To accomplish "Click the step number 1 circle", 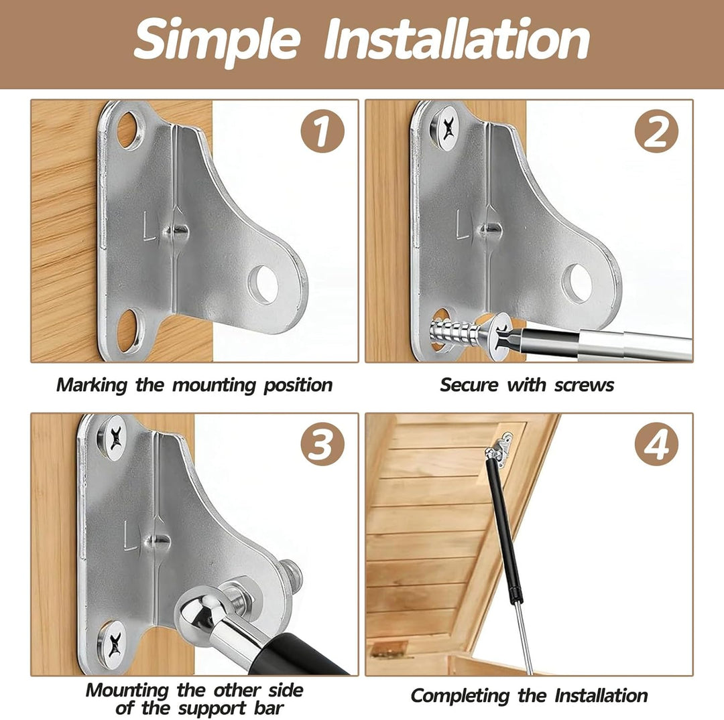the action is (322, 131).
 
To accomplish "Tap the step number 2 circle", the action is (656, 131).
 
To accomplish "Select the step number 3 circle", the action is (322, 444).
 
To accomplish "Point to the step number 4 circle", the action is (656, 444).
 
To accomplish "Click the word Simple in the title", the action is (217, 42).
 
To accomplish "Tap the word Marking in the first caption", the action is (91, 385).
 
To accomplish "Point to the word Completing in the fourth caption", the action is (459, 696).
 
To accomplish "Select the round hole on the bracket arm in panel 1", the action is (263, 285).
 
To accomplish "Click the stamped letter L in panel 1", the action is (149, 226).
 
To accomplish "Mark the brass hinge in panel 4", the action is (389, 649).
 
